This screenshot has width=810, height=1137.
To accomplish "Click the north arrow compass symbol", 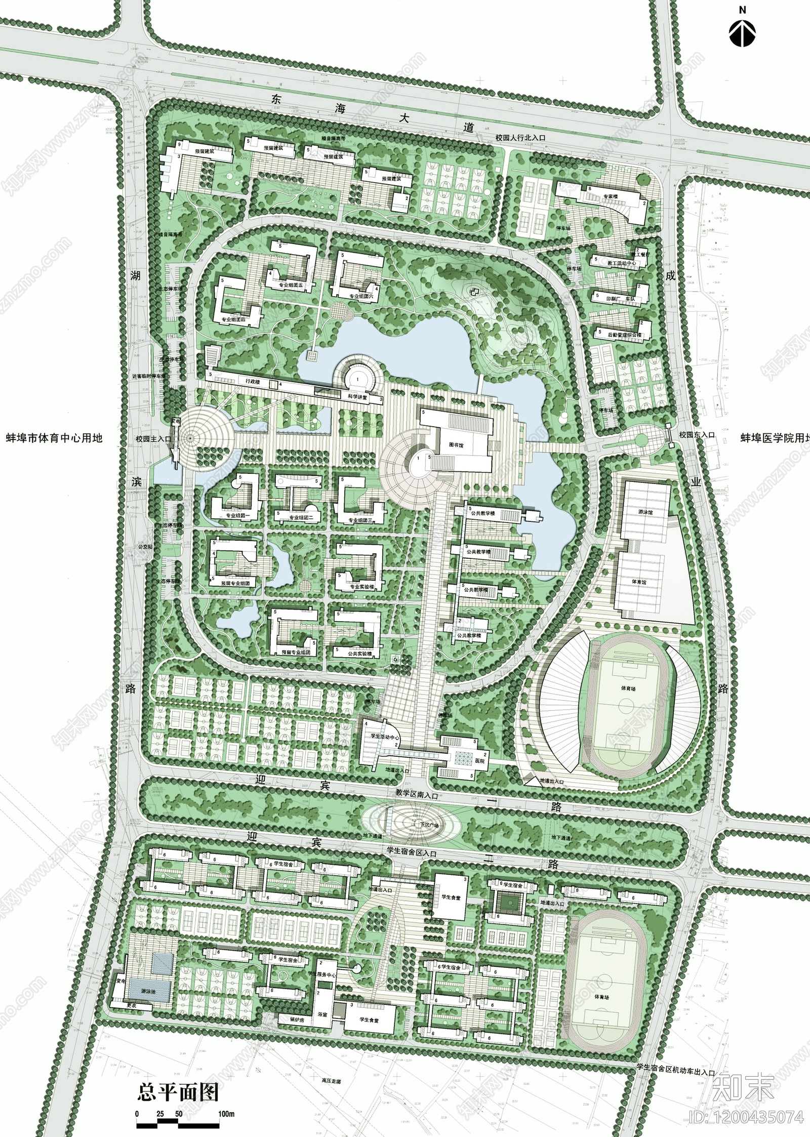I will click(742, 33).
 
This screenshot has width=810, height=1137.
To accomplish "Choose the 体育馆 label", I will click(639, 582).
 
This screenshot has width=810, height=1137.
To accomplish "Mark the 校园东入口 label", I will click(697, 434).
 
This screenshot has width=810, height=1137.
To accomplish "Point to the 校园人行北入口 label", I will click(521, 137).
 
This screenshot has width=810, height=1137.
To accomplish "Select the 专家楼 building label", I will click(614, 195).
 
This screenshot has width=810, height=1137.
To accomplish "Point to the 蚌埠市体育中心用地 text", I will click(54, 437).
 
